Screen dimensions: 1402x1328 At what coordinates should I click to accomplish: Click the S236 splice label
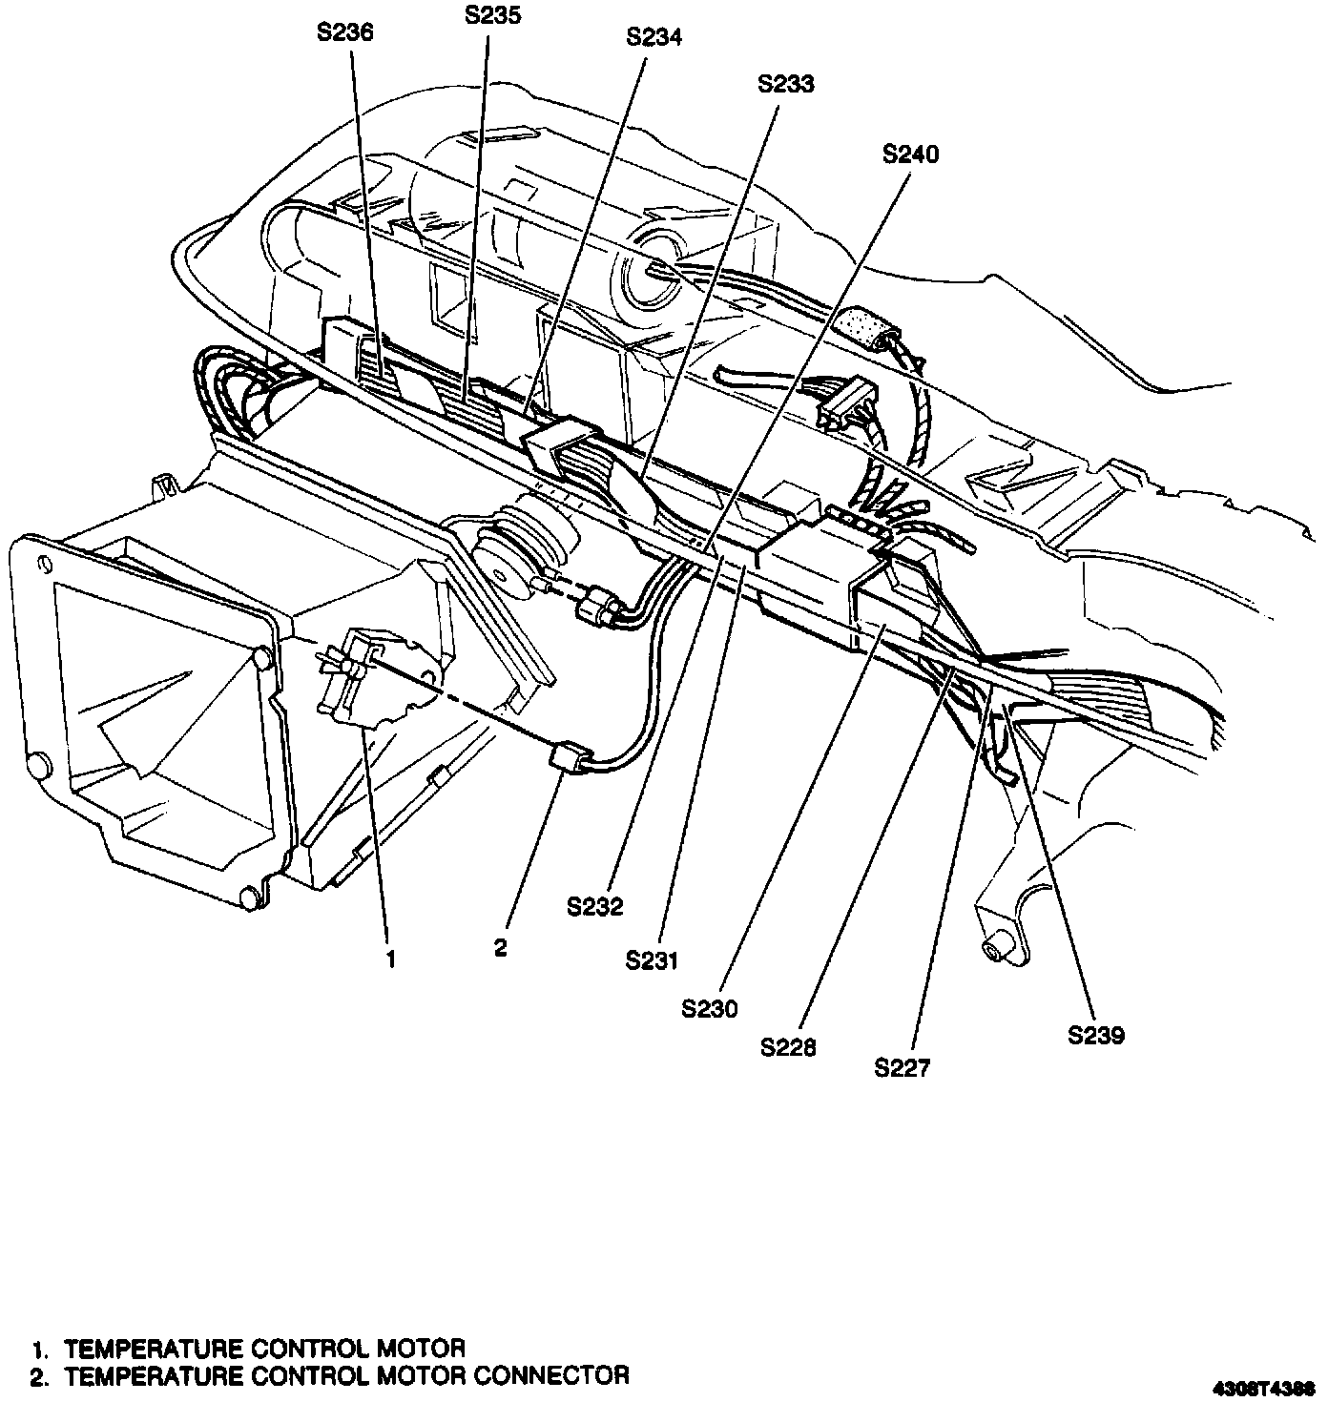tap(344, 32)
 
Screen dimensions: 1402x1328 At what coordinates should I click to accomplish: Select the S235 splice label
tap(492, 15)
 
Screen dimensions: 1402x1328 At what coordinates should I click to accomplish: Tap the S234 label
tap(654, 37)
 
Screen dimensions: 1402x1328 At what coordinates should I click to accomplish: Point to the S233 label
tap(786, 84)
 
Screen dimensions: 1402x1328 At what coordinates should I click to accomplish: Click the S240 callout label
tap(911, 155)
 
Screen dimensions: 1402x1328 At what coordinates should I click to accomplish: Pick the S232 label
tap(594, 907)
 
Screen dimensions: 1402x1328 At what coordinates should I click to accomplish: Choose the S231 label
tap(653, 960)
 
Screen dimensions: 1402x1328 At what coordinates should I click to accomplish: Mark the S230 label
tap(710, 1008)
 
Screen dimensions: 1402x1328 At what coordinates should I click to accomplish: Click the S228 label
tap(789, 1047)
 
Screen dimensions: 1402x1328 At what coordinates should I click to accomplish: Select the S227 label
tap(902, 1068)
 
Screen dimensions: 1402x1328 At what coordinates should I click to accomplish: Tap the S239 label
tap(1096, 1035)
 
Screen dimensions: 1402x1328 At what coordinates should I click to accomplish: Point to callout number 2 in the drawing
tap(501, 947)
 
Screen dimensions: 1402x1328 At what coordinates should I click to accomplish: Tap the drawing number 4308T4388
tap(1267, 1386)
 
